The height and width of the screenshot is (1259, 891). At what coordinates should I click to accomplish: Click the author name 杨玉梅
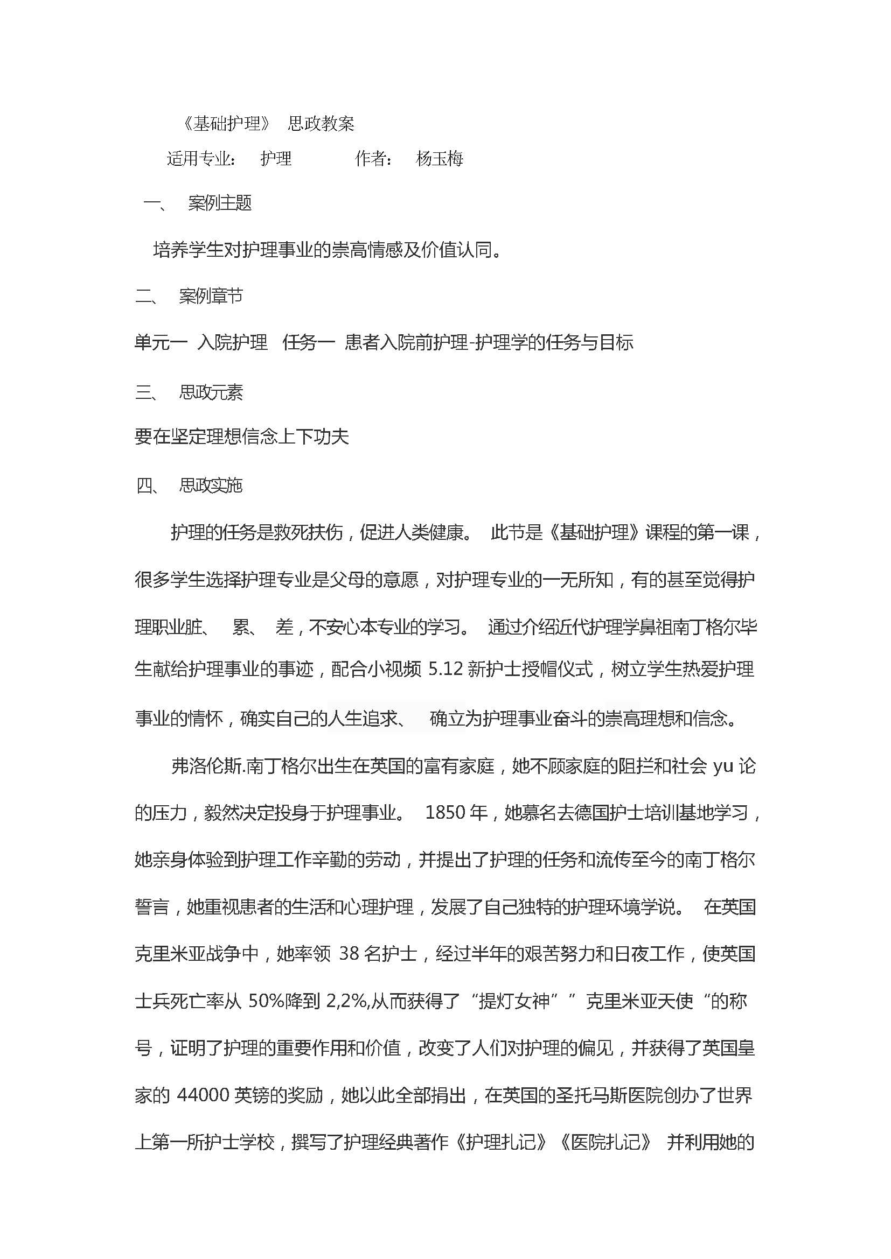point(440,158)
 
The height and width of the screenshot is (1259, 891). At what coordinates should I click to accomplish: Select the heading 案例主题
point(219,203)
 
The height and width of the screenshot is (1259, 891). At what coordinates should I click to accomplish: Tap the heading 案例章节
point(211,297)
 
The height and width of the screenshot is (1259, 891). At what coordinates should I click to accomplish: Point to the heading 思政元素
point(211,392)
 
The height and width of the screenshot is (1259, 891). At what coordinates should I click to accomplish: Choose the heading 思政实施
point(211,486)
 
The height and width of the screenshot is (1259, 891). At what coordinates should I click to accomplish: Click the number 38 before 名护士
point(350,954)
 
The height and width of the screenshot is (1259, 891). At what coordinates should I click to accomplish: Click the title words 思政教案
point(321,124)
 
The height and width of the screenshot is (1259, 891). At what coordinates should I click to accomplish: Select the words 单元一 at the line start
point(161,343)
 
